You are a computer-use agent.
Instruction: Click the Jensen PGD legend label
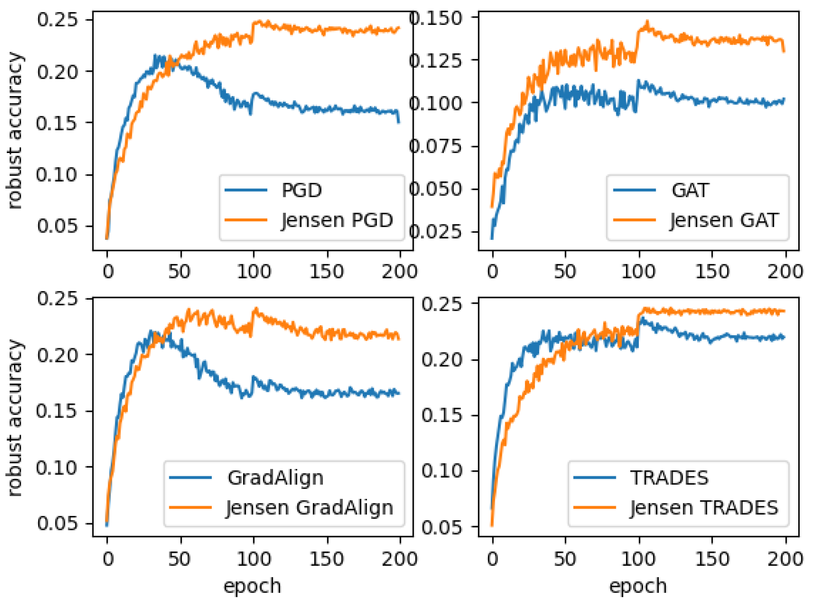click(337, 220)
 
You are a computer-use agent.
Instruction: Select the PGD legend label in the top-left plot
click(301, 190)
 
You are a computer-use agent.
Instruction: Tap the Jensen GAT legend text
click(724, 220)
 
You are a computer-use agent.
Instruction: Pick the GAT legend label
click(690, 190)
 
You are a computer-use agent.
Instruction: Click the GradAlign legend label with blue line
click(275, 478)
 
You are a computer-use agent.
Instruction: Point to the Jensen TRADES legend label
click(704, 508)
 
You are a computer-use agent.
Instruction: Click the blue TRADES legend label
click(669, 478)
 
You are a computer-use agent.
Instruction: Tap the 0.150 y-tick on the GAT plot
click(436, 18)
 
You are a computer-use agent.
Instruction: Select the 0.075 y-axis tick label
click(436, 146)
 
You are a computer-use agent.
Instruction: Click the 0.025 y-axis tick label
click(436, 231)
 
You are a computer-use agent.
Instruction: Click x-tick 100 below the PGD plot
click(254, 272)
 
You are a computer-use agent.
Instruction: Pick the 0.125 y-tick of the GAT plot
click(436, 60)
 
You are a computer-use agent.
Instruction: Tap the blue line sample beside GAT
click(634, 190)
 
